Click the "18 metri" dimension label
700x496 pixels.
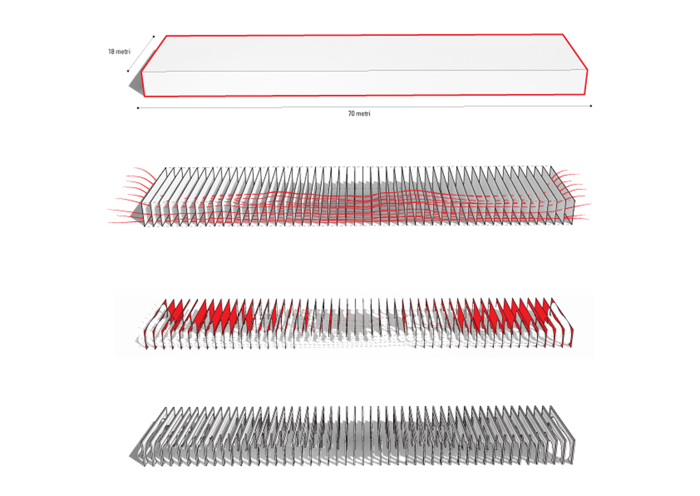pos(119,52)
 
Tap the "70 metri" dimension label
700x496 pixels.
pos(359,114)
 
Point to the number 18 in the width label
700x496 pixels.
pos(111,52)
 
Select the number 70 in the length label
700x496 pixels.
pos(351,114)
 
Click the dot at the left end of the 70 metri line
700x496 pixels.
pos(138,108)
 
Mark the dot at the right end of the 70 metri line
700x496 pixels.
pos(591,106)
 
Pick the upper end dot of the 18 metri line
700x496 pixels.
pos(154,37)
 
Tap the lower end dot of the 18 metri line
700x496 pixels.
pos(128,71)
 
